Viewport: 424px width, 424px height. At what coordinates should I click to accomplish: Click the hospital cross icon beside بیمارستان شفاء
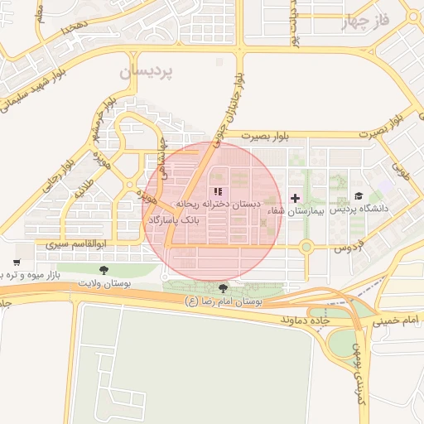[296, 198]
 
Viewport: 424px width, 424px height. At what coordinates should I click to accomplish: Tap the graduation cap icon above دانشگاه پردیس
[359, 196]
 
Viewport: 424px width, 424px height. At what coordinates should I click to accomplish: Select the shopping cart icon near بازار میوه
[16, 263]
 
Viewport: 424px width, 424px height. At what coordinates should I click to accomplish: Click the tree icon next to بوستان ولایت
[104, 270]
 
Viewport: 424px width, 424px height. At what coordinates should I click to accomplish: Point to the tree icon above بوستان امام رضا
[222, 288]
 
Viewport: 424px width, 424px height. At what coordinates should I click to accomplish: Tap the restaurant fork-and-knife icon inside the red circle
[205, 192]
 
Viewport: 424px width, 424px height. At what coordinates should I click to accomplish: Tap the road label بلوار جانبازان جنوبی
[231, 101]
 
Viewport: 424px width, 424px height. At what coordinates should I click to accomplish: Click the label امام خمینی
[399, 318]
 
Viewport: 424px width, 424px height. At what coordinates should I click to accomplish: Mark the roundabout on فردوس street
[306, 247]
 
